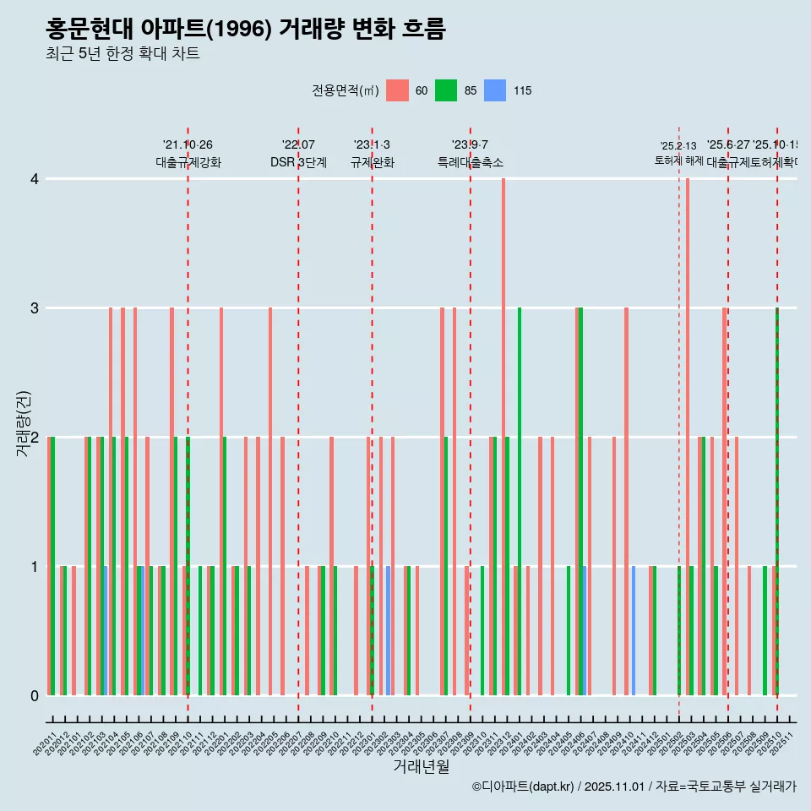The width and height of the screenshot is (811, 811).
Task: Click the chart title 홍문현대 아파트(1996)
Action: point(245,30)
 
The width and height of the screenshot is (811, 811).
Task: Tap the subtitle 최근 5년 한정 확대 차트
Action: point(122,54)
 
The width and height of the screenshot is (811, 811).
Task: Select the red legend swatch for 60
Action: point(397,90)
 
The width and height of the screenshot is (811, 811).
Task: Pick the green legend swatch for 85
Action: point(446,90)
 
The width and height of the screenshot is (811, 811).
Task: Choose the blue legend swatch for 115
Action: point(495,90)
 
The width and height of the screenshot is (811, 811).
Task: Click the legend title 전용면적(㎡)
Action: point(346,90)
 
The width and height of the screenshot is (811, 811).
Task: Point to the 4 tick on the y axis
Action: point(35,179)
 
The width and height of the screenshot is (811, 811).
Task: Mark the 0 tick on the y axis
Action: point(35,696)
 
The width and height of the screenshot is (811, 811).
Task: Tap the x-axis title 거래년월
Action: point(421,766)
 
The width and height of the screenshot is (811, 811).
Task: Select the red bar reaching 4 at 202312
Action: point(503,437)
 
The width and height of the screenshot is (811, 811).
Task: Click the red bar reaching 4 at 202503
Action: point(688,437)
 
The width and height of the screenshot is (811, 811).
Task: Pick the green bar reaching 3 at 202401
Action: point(520,502)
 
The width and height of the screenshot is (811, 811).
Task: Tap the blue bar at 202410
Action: point(634,631)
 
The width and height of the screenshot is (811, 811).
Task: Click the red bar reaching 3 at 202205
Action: point(270,502)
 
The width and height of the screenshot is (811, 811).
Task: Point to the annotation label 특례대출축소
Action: point(470,162)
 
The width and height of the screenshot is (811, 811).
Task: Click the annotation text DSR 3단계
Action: point(298,162)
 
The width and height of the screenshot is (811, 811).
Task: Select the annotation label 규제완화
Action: point(372,162)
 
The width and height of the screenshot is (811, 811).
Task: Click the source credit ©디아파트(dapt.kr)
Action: point(524,787)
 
